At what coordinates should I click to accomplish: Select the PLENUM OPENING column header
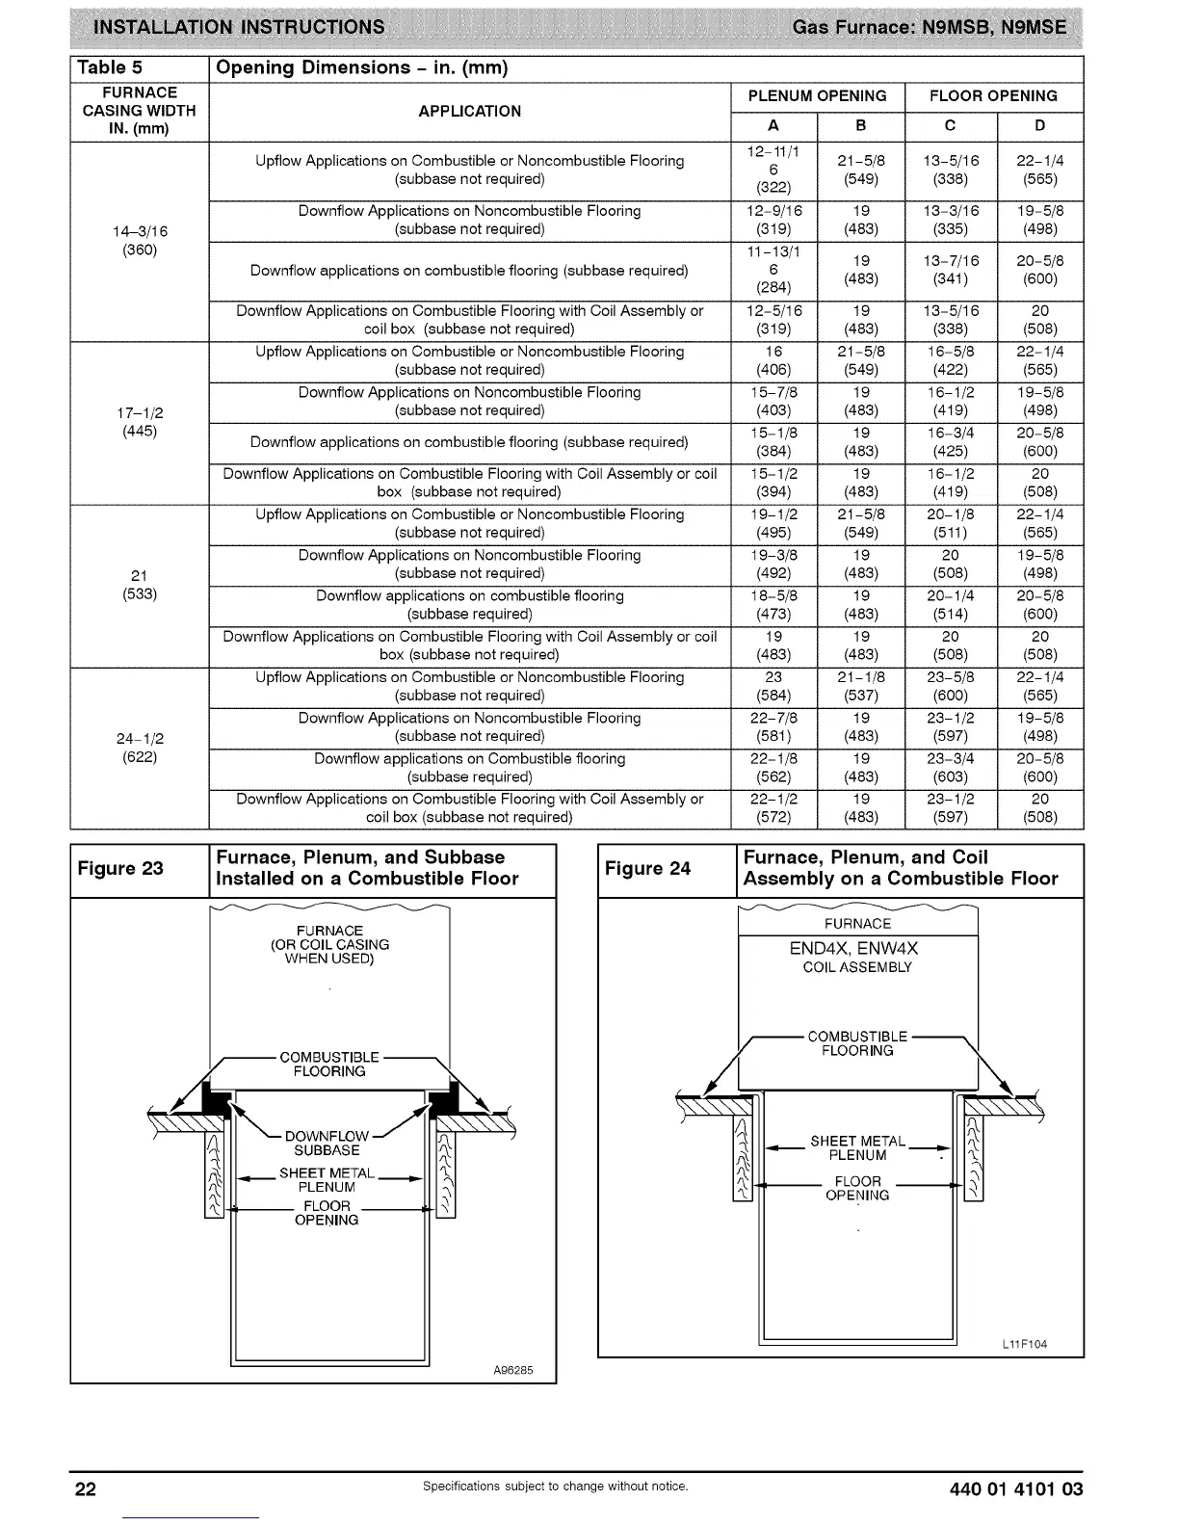pos(817,96)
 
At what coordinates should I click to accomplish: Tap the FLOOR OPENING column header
pos(993,96)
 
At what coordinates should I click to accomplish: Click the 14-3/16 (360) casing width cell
pos(140,241)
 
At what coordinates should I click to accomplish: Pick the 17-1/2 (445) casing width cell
pos(140,422)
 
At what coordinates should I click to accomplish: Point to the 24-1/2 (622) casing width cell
pos(140,748)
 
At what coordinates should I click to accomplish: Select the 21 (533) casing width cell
pos(140,585)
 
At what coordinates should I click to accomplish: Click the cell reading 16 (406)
pos(773,360)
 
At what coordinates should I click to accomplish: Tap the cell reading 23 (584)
pos(773,686)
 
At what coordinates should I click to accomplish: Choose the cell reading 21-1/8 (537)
pos(861,686)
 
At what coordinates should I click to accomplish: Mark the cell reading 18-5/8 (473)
pos(773,605)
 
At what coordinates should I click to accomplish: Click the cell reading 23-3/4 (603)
pos(950,768)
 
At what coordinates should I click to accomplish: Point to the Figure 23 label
pos(120,868)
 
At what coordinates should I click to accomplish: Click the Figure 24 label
pos(647,868)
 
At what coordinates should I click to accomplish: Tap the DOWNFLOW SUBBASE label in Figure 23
pos(327,1144)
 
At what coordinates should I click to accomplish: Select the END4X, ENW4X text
pos(853,949)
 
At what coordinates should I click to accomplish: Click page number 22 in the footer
pos(86,1489)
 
